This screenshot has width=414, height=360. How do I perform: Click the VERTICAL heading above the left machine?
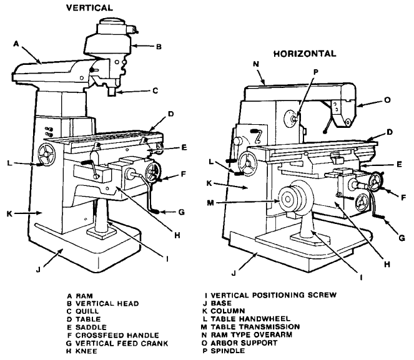point(89,7)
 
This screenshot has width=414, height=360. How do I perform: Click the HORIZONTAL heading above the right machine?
point(305,54)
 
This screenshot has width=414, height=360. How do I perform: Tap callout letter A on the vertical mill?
point(16,44)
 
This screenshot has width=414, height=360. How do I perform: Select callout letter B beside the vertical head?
point(159,47)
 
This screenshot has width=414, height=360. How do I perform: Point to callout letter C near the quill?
point(155,90)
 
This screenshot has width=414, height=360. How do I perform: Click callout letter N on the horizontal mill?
point(256,64)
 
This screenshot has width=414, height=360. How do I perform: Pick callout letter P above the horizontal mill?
point(316,72)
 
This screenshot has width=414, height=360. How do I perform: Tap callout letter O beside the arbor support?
point(387,100)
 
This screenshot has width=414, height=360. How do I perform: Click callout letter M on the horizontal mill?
point(210,203)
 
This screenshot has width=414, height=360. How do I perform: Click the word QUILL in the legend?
point(87,311)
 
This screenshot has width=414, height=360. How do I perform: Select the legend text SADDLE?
point(91,328)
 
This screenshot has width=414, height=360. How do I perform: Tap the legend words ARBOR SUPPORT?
point(244,343)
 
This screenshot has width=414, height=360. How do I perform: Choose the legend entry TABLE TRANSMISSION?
point(255,327)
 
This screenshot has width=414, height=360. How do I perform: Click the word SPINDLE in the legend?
point(228,351)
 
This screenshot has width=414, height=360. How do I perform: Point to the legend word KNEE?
point(86,351)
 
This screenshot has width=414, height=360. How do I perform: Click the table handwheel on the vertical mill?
point(47,155)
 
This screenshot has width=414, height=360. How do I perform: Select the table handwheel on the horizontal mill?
point(247,164)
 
